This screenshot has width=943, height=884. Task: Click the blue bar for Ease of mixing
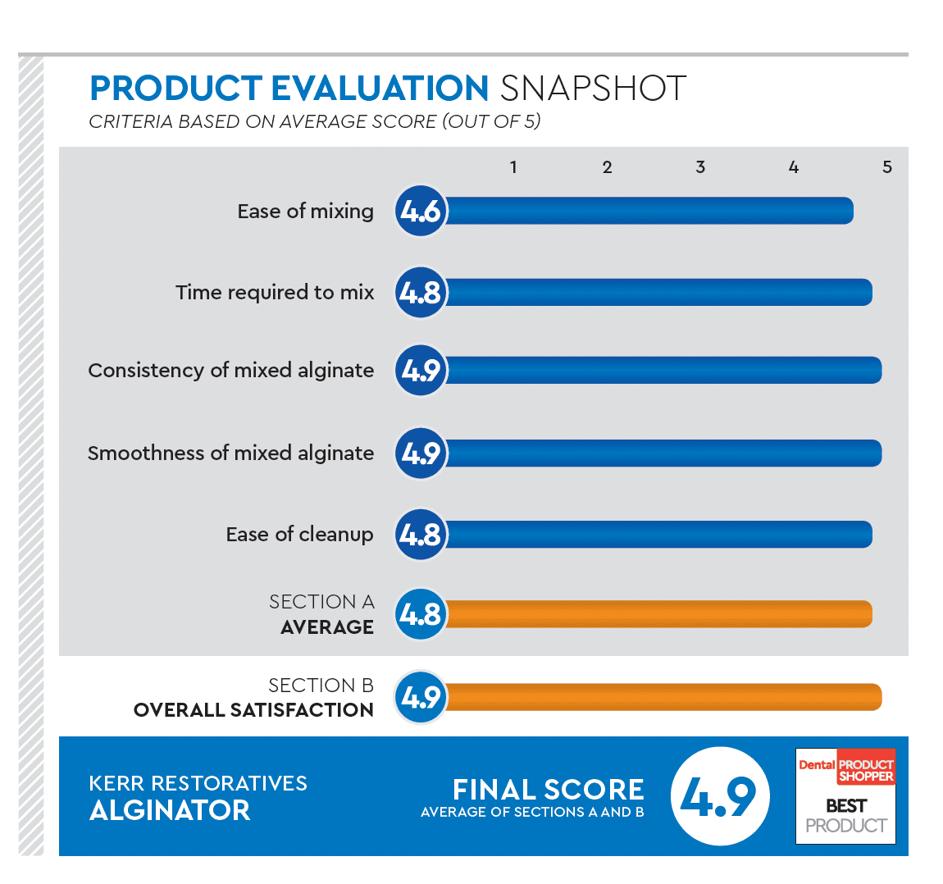648,211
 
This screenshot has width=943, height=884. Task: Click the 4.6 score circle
421,212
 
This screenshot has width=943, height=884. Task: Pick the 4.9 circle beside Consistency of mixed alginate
421,371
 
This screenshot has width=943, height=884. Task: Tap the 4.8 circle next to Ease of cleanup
421,535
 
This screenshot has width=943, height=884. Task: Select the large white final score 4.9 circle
719,796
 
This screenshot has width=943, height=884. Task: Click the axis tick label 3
700,167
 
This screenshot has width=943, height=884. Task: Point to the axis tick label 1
513,167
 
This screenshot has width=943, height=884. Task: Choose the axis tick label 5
887,167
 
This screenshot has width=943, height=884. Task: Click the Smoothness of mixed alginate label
230,453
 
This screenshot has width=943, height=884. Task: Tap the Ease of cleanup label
299,535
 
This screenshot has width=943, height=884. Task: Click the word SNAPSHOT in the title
593,89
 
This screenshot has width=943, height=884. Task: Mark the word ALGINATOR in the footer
170,810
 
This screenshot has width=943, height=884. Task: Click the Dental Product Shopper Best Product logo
845,796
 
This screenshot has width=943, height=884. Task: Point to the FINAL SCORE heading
548,790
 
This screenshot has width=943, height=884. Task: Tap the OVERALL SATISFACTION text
253,710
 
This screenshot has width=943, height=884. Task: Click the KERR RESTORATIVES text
198,783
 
